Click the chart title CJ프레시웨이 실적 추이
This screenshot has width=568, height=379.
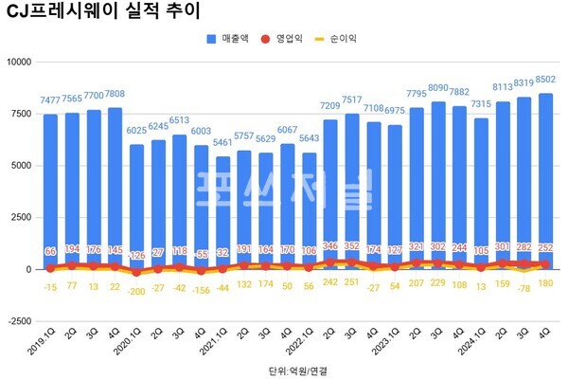tap(93, 12)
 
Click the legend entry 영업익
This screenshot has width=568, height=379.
tap(289, 39)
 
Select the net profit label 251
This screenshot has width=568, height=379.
tap(353, 281)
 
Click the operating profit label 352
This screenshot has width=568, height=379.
tap(353, 247)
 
